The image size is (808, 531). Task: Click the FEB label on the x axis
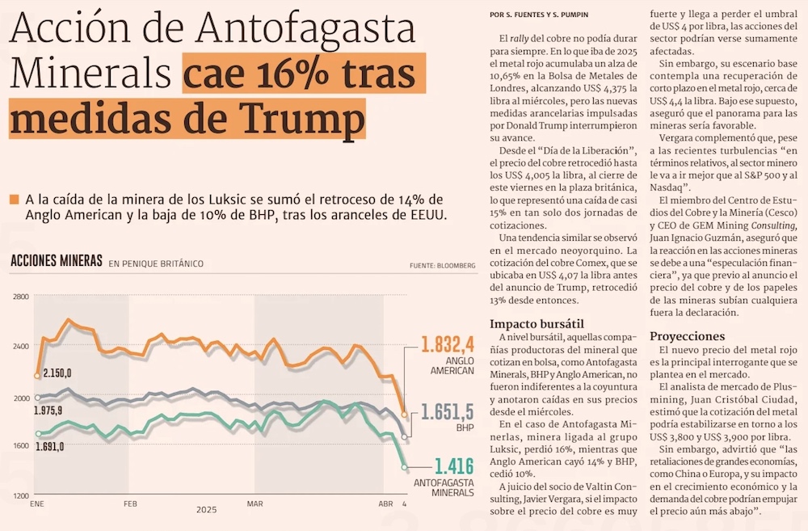(x=131, y=503)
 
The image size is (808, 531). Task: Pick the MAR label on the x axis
(x=255, y=503)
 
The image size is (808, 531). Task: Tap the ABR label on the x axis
(x=385, y=503)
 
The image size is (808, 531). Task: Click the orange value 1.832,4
(x=447, y=345)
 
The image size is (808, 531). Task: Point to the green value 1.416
(x=452, y=466)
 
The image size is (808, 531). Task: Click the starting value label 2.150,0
(x=57, y=373)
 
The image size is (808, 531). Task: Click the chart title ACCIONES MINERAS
(x=56, y=261)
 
